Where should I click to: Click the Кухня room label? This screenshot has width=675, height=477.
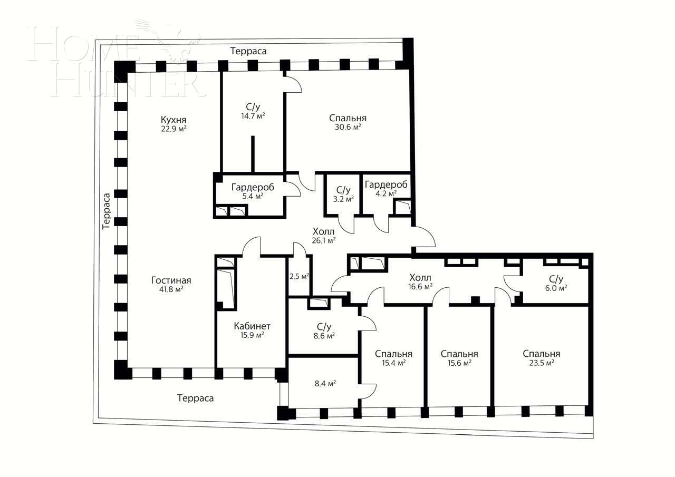(173, 119)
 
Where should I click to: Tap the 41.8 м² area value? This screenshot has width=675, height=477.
(171, 289)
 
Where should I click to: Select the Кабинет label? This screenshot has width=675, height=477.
(252, 326)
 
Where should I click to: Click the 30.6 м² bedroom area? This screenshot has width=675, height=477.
(348, 127)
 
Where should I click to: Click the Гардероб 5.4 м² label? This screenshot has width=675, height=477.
(253, 191)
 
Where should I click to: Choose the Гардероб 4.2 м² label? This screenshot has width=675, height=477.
(386, 189)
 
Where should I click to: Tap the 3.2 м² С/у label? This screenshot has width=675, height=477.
(343, 194)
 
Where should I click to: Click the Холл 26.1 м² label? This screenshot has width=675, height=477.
(324, 235)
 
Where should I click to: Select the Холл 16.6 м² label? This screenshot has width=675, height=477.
(420, 282)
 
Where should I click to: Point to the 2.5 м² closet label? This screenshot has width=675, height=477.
(299, 276)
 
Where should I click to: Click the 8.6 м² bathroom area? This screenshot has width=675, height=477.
(324, 335)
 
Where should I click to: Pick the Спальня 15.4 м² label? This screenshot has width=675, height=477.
(393, 358)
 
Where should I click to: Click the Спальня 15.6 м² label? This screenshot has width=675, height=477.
(459, 358)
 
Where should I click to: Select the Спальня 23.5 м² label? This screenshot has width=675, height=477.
(541, 358)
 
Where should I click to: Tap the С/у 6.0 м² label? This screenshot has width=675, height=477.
(556, 283)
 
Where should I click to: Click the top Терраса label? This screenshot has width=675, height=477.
(248, 51)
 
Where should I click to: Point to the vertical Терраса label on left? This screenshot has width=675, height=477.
(107, 210)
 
